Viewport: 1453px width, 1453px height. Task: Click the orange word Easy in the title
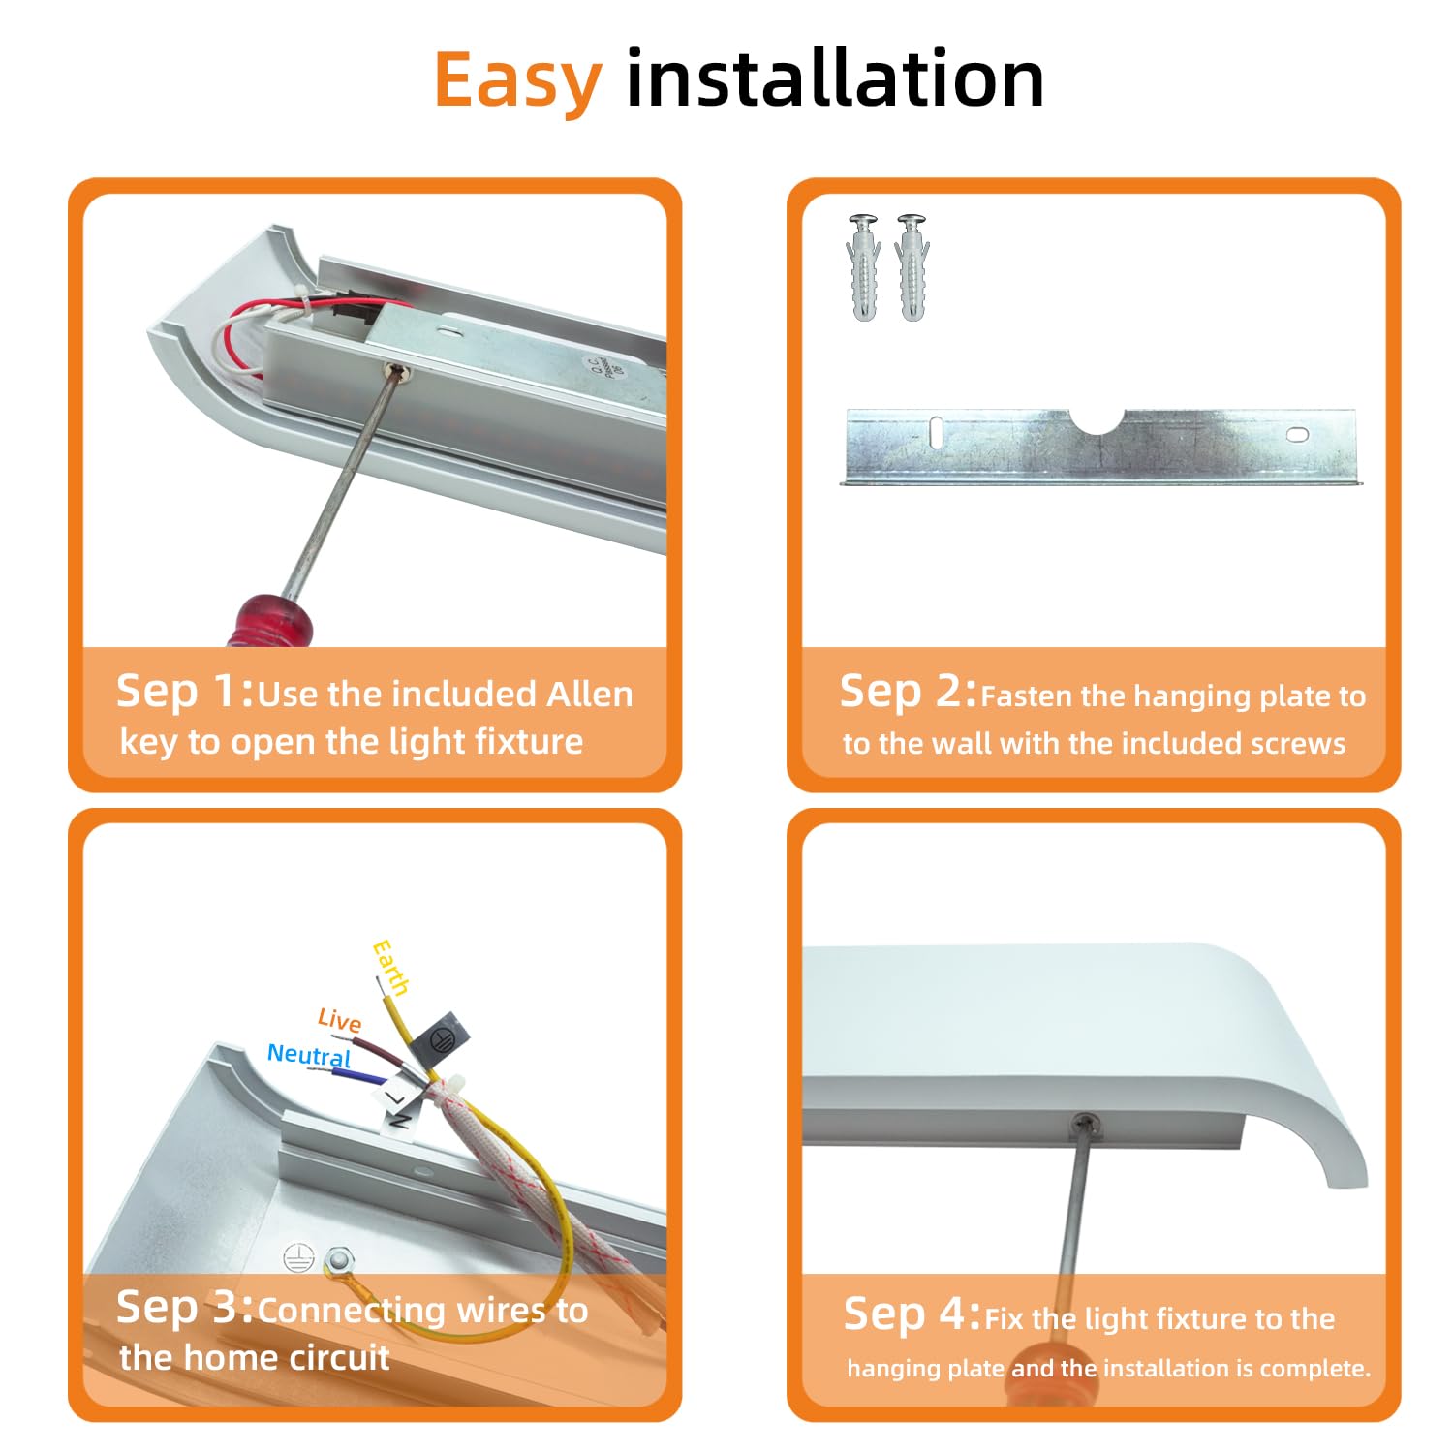[517, 82]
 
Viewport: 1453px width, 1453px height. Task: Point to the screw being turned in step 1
[395, 369]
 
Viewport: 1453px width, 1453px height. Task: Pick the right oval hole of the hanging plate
[1297, 434]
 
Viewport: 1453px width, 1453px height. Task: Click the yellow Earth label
[391, 967]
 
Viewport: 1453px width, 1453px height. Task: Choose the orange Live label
[339, 1020]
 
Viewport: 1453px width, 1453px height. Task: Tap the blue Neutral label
[309, 1055]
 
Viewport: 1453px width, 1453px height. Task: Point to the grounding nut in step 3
[338, 1260]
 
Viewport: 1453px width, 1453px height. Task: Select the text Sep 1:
[185, 692]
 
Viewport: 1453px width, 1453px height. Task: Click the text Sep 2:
[909, 692]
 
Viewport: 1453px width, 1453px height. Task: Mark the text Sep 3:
[185, 1308]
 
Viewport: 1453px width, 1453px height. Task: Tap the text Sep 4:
[912, 1314]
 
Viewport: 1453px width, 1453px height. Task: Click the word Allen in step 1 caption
[590, 694]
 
